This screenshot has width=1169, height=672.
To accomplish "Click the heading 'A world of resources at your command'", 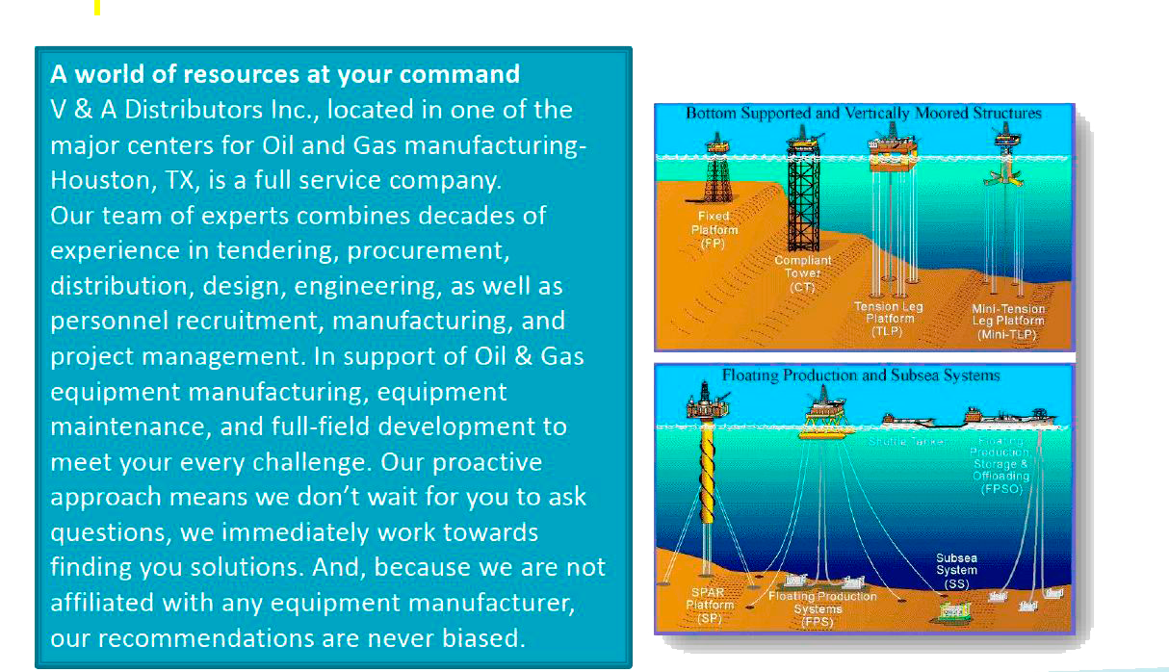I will tap(285, 74).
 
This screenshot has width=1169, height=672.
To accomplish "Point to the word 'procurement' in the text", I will tap(426, 250).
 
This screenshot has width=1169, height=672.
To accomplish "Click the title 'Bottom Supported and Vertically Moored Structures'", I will tap(863, 114).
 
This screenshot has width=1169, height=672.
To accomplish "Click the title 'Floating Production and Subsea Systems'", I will tap(861, 375).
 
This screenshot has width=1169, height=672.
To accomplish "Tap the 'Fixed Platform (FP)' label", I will tap(714, 229).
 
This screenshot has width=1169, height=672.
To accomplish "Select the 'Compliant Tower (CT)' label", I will tap(802, 273).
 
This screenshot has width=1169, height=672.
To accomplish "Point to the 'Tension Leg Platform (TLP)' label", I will tap(888, 318).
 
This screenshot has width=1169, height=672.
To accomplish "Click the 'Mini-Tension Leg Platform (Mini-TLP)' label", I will tap(1007, 322).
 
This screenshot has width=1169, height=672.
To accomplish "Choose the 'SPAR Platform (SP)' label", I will tap(710, 605).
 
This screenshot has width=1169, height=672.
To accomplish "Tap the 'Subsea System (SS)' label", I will tap(956, 570).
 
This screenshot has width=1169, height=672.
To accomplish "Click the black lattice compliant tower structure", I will tap(802, 202).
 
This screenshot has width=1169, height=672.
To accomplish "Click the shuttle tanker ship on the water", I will tap(909, 420).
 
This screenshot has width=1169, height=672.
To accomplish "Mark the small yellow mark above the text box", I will tap(97, 8).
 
